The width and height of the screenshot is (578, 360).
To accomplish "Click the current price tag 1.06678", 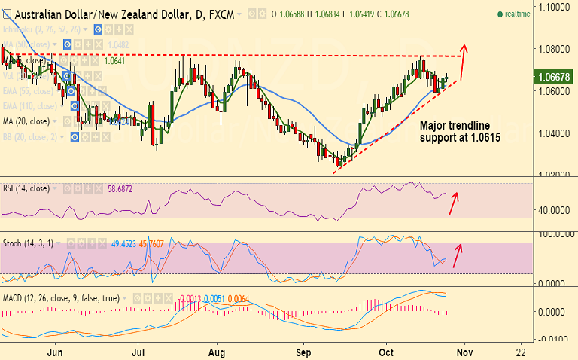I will point(553,76).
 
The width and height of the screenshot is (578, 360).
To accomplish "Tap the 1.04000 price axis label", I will point(552,133).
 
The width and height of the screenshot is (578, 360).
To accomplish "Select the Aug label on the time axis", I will point(218,351).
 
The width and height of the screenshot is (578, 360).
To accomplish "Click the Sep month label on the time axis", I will point(303,351).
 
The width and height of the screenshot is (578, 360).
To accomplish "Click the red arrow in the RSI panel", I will point(456,203).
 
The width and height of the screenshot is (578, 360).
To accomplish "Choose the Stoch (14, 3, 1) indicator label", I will point(32,244).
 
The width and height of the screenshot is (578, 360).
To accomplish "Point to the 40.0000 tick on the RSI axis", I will point(552,211).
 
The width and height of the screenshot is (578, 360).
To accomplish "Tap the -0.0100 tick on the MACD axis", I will point(552,337).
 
